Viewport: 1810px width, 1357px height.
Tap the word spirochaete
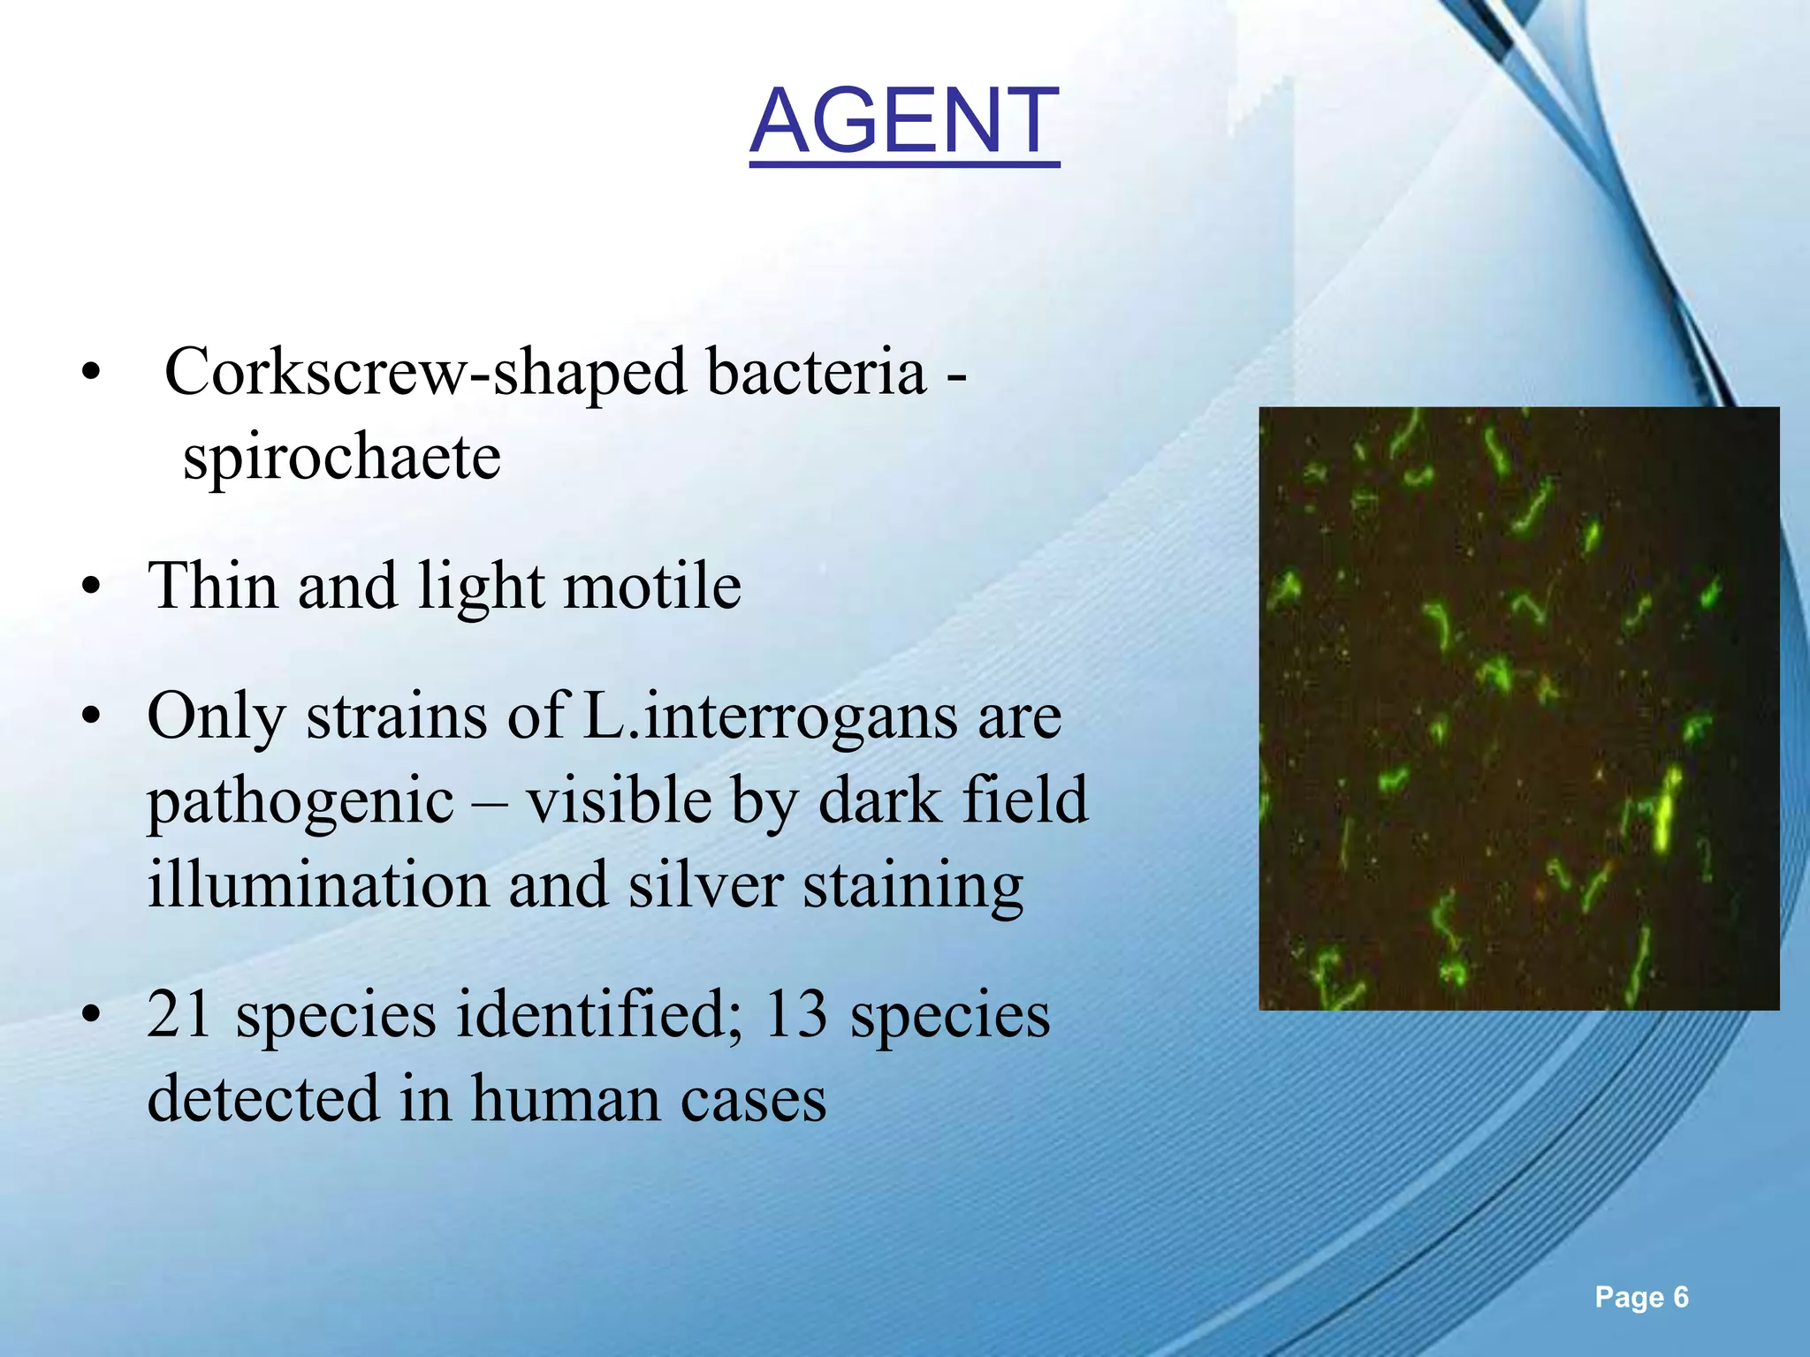tap(341, 458)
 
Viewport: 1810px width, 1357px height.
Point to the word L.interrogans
tap(770, 716)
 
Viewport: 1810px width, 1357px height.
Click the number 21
tap(179, 1014)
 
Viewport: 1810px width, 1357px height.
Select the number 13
tap(796, 1014)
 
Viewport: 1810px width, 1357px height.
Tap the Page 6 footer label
tap(1641, 1297)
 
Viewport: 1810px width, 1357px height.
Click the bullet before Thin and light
tap(89, 588)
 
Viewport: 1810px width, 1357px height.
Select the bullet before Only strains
tap(89, 716)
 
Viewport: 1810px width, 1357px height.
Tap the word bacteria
tap(816, 372)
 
